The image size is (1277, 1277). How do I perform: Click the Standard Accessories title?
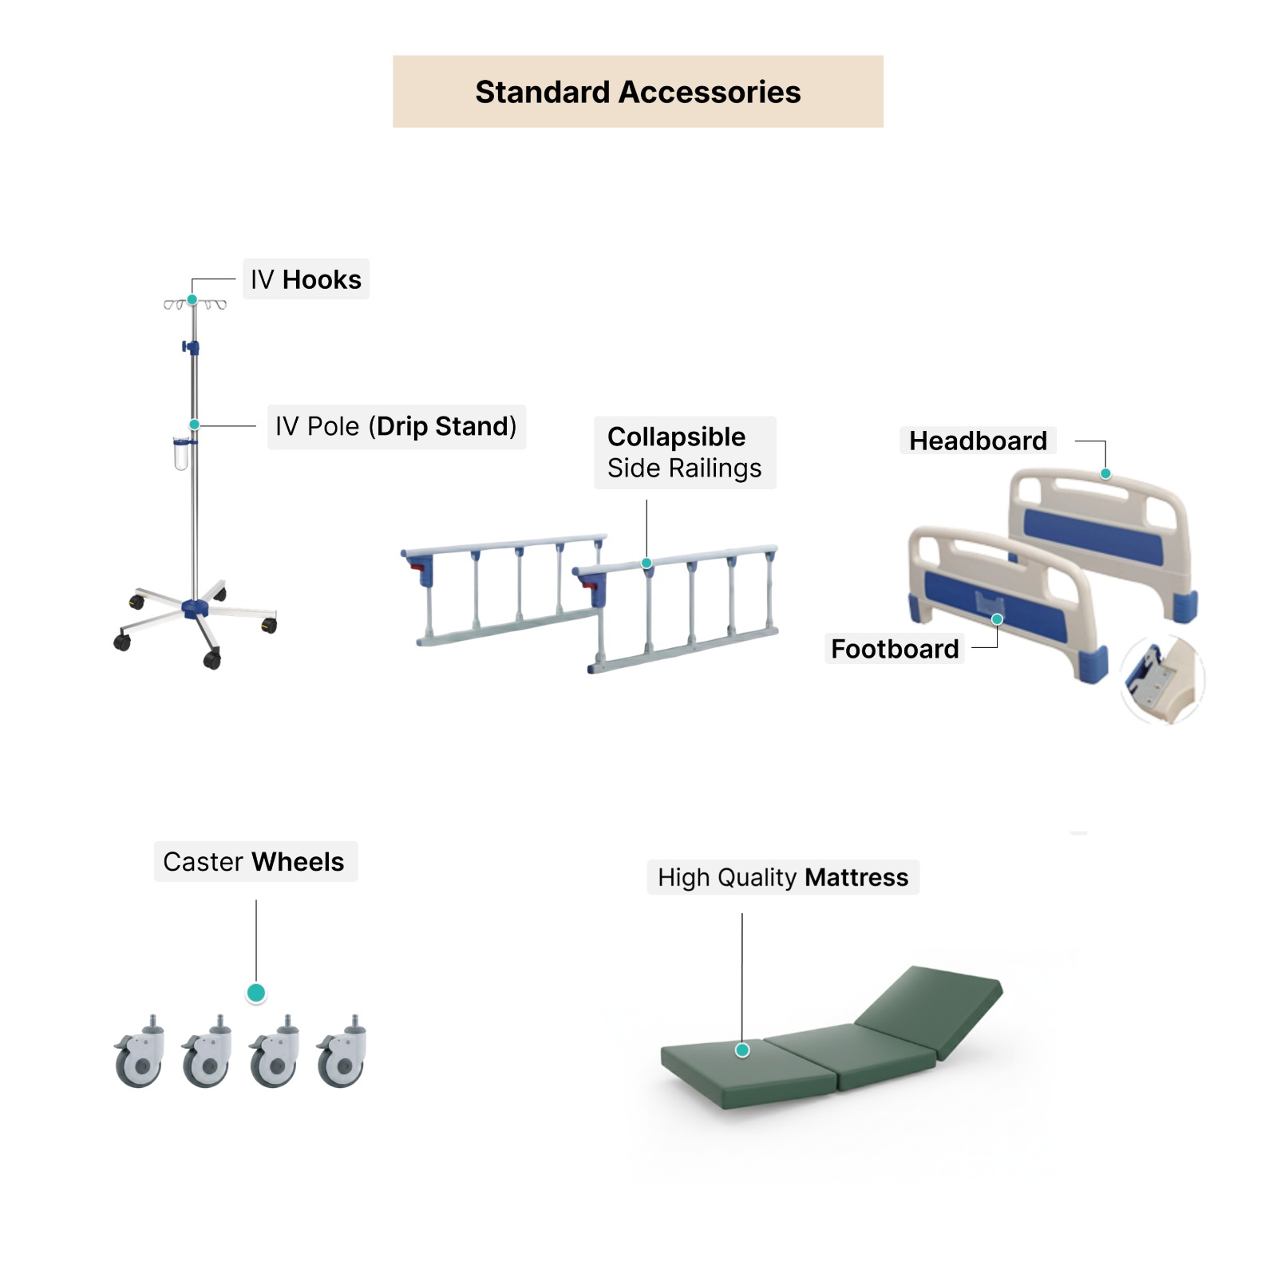(638, 92)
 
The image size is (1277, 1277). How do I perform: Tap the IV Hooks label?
(306, 279)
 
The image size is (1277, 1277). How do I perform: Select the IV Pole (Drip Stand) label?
(396, 426)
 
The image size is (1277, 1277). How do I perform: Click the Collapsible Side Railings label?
(684, 452)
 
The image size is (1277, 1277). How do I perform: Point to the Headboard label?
(978, 441)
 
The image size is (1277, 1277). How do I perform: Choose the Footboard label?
(895, 649)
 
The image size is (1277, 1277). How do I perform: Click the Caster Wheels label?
(254, 862)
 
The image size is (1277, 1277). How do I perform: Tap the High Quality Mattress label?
(782, 877)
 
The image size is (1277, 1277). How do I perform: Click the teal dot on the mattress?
(742, 1050)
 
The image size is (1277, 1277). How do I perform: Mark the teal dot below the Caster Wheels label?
(256, 993)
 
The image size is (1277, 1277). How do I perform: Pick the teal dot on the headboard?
(1105, 474)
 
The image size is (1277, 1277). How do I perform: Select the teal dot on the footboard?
(997, 619)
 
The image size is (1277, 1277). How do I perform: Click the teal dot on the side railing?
(646, 563)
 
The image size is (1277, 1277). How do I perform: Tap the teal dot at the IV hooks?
(192, 300)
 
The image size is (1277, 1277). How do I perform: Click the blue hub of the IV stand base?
(195, 609)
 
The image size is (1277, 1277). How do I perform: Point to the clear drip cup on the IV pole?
(181, 454)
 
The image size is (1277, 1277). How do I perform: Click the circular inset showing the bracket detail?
(1161, 680)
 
